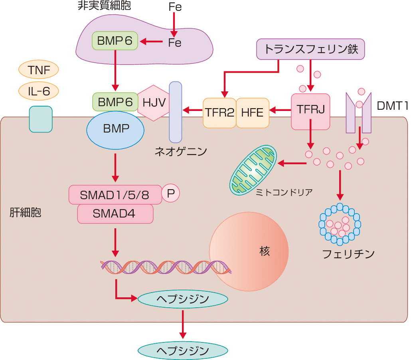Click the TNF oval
pos(38,71)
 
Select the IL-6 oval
pos(38,91)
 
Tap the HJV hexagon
pos(154,103)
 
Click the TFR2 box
pos(219,113)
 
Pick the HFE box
pos(252,113)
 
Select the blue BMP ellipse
pos(115,130)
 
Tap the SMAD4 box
pos(115,214)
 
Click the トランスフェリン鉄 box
pos(310,49)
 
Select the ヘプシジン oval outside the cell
pos(182,350)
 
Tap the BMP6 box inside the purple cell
pos(115,41)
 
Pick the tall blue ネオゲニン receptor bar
pos(175,112)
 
